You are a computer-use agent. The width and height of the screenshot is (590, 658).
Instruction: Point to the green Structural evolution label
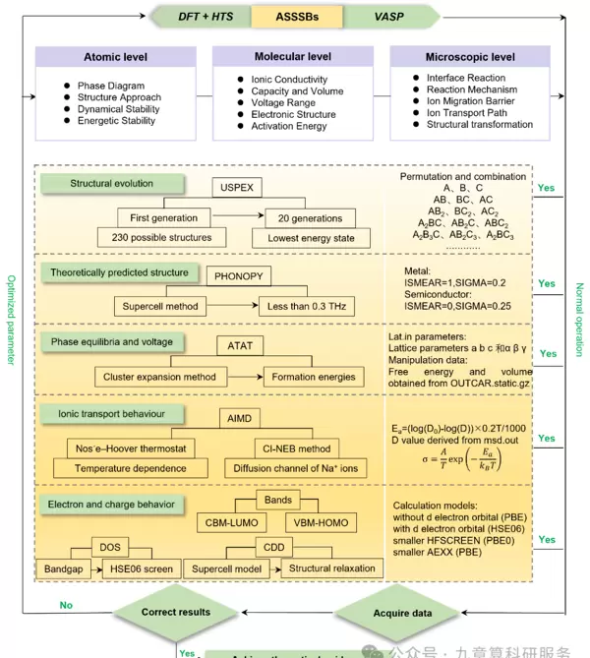tap(111, 184)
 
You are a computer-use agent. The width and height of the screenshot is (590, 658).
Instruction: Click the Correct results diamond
tap(175, 612)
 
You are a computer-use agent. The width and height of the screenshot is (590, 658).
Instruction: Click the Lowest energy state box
tap(311, 238)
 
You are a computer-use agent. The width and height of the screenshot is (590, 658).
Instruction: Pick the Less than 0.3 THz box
tap(306, 307)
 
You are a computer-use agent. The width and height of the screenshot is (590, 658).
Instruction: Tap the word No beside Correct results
tap(66, 605)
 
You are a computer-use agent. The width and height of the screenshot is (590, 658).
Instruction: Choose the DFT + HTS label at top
tap(205, 16)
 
